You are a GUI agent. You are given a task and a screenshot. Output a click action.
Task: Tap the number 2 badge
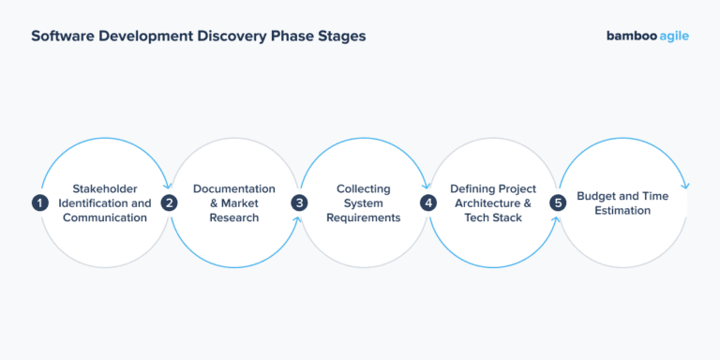click(x=169, y=202)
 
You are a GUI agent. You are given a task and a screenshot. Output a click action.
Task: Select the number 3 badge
click(x=299, y=202)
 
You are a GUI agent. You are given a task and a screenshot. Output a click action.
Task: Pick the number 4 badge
click(x=428, y=202)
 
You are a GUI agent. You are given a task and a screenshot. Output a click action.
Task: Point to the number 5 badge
click(x=559, y=202)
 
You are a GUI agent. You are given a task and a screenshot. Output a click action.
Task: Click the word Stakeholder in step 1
click(x=105, y=188)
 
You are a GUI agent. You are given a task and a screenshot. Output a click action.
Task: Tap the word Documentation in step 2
click(x=234, y=188)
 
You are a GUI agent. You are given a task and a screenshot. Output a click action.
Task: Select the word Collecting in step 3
click(x=364, y=188)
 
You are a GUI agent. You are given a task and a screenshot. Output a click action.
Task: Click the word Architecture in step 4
click(x=489, y=202)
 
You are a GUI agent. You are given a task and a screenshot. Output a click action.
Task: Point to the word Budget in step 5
click(x=596, y=196)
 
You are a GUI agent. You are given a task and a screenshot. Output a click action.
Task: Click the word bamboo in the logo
click(x=630, y=37)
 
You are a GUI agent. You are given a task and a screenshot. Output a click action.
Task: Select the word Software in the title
click(x=63, y=37)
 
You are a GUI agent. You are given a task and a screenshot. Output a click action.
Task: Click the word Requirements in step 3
click(x=364, y=217)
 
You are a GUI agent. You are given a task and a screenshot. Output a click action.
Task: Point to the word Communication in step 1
click(x=105, y=217)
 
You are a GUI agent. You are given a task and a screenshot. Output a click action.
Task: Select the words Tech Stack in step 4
click(x=493, y=217)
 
